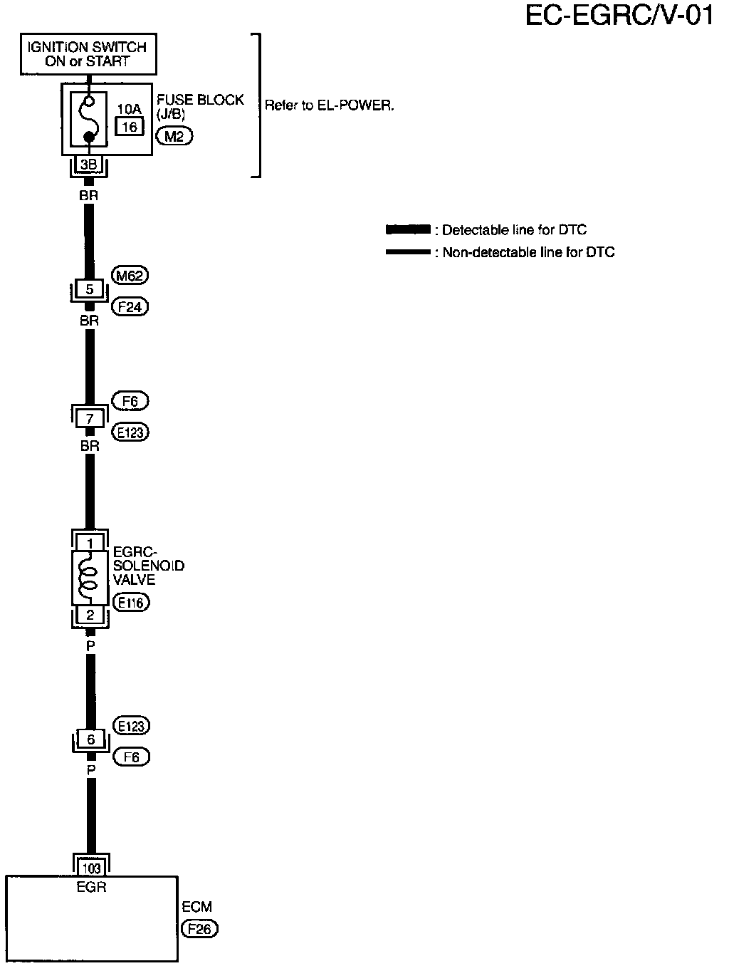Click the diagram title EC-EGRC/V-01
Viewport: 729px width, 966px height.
point(619,15)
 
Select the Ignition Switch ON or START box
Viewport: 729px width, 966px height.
point(88,54)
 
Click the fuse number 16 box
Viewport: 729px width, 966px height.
point(129,127)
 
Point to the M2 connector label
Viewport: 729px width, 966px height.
point(174,137)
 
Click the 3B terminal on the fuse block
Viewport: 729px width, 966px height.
point(89,165)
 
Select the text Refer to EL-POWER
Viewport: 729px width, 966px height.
point(329,105)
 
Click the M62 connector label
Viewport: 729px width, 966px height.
point(130,276)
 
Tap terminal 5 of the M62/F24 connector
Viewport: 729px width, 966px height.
point(90,290)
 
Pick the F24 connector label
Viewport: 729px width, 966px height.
point(131,307)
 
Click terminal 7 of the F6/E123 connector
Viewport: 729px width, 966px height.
point(90,419)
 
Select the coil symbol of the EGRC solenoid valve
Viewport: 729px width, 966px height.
point(89,576)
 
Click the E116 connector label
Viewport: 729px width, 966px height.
point(131,603)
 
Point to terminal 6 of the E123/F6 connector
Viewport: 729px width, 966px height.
point(90,739)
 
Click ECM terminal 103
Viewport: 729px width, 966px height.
point(92,868)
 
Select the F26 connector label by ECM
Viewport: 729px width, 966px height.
point(199,929)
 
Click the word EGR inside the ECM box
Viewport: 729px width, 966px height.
point(91,888)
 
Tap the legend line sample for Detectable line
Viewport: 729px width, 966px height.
point(407,229)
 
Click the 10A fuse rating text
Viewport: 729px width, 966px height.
point(129,109)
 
